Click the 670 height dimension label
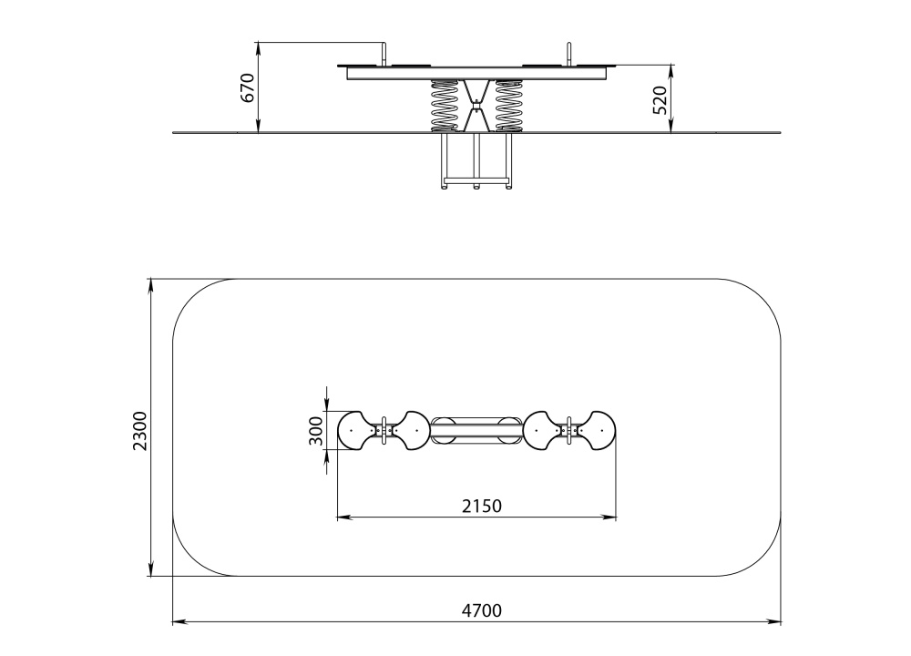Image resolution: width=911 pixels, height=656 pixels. point(248,87)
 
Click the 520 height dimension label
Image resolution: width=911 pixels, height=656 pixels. point(660,100)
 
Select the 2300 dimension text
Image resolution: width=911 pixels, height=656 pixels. point(140,431)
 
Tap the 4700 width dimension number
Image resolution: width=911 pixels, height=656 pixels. point(482,610)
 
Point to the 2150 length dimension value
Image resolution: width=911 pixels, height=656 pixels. point(482,506)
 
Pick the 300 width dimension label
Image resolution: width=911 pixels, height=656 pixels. point(315,431)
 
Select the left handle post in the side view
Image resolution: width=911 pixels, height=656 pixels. point(384,54)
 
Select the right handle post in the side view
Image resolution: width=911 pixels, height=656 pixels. point(568,54)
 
